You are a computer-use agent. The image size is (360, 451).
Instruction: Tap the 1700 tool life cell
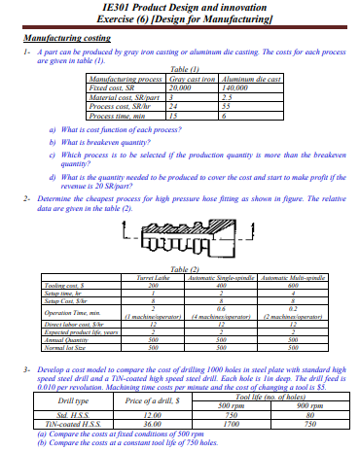pos(231,424)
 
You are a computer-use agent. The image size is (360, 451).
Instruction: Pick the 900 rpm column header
pos(308,406)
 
